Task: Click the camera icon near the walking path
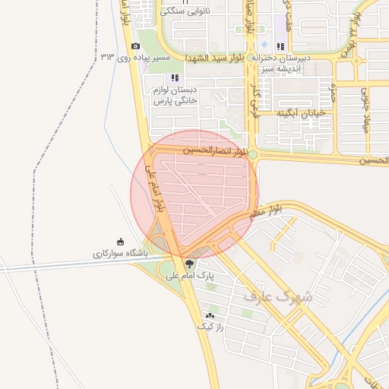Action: pos(135,46)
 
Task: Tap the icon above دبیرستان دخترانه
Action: pos(280,46)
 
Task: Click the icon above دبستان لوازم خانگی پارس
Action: pos(176,77)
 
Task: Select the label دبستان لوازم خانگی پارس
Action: pos(175,96)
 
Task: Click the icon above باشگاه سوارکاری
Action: pos(120,242)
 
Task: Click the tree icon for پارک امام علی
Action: pos(189,265)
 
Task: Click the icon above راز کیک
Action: pos(210,315)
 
